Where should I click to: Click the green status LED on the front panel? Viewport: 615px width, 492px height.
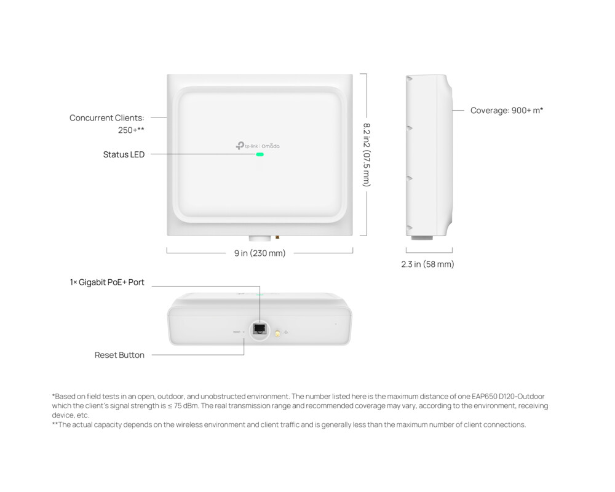pyautogui.click(x=260, y=154)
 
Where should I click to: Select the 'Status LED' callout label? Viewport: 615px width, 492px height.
pyautogui.click(x=124, y=154)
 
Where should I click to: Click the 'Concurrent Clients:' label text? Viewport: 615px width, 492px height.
pyautogui.click(x=106, y=117)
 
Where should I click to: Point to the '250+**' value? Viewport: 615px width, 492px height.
pyautogui.click(x=131, y=130)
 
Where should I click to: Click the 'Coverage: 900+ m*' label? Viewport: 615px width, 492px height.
pyautogui.click(x=507, y=111)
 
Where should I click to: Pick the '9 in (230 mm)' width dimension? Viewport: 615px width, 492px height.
pyautogui.click(x=260, y=253)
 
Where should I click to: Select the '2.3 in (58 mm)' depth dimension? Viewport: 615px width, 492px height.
pyautogui.click(x=429, y=264)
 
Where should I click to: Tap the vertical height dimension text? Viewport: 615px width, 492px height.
pyautogui.click(x=367, y=154)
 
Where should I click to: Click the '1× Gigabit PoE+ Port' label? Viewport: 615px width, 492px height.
pyautogui.click(x=107, y=282)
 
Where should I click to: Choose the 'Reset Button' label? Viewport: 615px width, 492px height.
pyautogui.click(x=119, y=355)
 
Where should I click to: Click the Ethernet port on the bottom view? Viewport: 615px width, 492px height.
pyautogui.click(x=260, y=328)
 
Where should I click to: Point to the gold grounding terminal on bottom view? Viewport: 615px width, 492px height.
pyautogui.click(x=277, y=333)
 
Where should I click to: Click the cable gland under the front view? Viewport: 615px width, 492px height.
pyautogui.click(x=260, y=238)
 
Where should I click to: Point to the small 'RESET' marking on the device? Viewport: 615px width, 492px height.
pyautogui.click(x=237, y=332)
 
